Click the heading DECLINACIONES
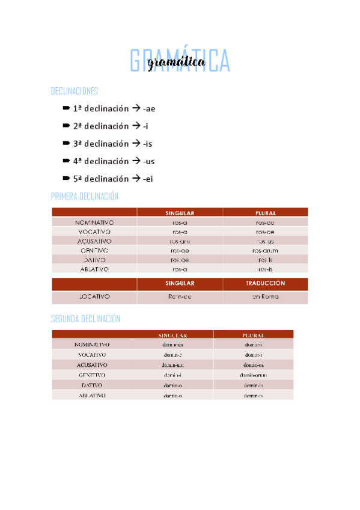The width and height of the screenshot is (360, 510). (75, 91)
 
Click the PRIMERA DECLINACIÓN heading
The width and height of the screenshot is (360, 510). (85, 197)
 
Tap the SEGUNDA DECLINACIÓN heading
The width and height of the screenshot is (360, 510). (86, 319)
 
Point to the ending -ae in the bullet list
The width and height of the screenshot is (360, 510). (150, 109)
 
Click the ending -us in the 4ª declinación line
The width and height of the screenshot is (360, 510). (149, 161)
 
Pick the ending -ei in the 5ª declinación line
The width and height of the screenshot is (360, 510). (149, 179)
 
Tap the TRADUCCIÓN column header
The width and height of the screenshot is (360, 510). (265, 283)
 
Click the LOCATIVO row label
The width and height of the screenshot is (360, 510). (94, 296)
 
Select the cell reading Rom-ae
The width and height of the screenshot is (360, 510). (180, 296)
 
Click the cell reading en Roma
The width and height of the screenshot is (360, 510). (265, 296)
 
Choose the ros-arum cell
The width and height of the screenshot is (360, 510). (265, 250)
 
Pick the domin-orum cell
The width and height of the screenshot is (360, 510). (253, 375)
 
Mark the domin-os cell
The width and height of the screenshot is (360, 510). (253, 364)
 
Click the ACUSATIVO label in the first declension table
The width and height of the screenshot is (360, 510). (94, 241)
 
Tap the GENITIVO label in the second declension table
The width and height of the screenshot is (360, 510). (92, 375)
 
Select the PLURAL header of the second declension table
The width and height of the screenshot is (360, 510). (253, 335)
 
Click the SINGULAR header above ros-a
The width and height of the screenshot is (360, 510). (180, 212)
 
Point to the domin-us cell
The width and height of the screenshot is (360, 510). (173, 345)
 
